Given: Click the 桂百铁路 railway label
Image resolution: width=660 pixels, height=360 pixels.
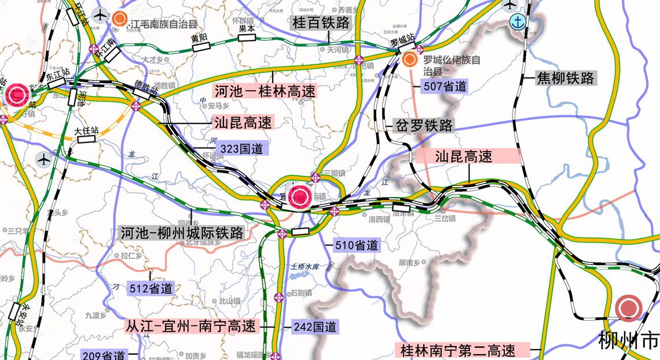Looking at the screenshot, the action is click(x=322, y=23).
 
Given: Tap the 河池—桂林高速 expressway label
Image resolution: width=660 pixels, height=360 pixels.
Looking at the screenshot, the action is click(x=266, y=90).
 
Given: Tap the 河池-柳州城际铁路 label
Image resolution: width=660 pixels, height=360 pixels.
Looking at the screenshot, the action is click(x=182, y=233).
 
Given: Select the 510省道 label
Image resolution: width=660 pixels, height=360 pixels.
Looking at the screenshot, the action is click(x=355, y=245).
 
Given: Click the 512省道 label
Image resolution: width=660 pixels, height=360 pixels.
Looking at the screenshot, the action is click(x=149, y=288).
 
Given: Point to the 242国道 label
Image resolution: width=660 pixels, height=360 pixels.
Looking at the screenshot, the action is click(x=314, y=326).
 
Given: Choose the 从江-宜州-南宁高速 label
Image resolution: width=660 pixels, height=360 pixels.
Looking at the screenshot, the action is click(x=191, y=326).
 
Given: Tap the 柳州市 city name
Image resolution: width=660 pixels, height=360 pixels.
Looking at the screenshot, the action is click(x=629, y=340).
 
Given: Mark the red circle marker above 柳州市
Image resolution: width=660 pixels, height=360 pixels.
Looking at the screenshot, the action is click(x=628, y=308).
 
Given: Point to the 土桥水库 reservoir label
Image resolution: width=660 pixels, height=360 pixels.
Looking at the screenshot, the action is click(x=305, y=267).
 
